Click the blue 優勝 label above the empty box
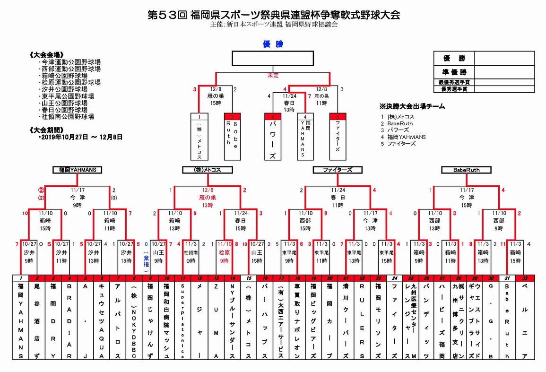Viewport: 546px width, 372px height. [x=273, y=44]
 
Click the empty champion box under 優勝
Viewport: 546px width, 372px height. [x=273, y=58]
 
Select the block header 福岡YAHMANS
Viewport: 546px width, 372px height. [x=78, y=170]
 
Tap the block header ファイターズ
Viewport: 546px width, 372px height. [x=337, y=170]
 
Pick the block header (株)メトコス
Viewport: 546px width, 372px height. [x=208, y=170]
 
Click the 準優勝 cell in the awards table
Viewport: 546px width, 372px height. [x=454, y=72]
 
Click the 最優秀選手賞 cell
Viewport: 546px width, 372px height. [x=454, y=82]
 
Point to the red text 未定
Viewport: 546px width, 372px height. [x=273, y=76]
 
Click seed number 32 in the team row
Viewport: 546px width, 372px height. [x=525, y=278]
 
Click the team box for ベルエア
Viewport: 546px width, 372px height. [x=525, y=321]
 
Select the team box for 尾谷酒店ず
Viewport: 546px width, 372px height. [x=37, y=321]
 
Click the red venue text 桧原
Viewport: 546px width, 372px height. [x=224, y=253]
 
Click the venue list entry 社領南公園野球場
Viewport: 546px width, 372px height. [x=67, y=116]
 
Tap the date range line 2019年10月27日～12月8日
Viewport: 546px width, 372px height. [x=80, y=137]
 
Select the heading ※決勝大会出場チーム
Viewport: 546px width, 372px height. [x=412, y=106]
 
